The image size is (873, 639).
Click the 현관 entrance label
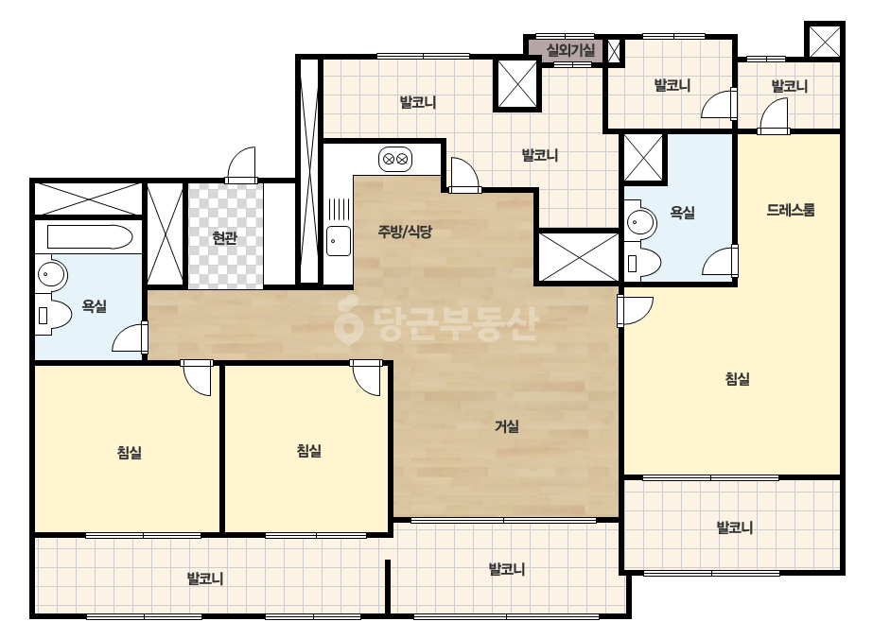coord(225,238)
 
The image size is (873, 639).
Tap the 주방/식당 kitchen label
coord(405,232)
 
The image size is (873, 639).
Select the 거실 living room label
coord(507,426)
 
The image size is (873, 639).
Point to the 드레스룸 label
coord(791,210)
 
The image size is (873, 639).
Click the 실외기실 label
coord(570,50)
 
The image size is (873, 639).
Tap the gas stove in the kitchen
coord(395,160)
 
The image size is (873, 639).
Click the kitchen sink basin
coord(339,241)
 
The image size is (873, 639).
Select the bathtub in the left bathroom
coord(90,237)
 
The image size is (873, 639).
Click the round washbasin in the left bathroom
coord(53,274)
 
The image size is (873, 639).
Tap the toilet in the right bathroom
coord(642,262)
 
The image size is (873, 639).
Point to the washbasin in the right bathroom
coord(640,223)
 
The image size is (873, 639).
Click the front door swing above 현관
coord(241,164)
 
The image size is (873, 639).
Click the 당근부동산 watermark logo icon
coord(348,320)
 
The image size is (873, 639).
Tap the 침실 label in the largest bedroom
coord(737,379)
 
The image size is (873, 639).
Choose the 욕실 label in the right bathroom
coord(682,212)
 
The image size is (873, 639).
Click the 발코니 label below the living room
coord(507,569)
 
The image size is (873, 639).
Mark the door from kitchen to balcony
coord(464,175)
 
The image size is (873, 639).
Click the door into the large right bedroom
coord(635,311)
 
